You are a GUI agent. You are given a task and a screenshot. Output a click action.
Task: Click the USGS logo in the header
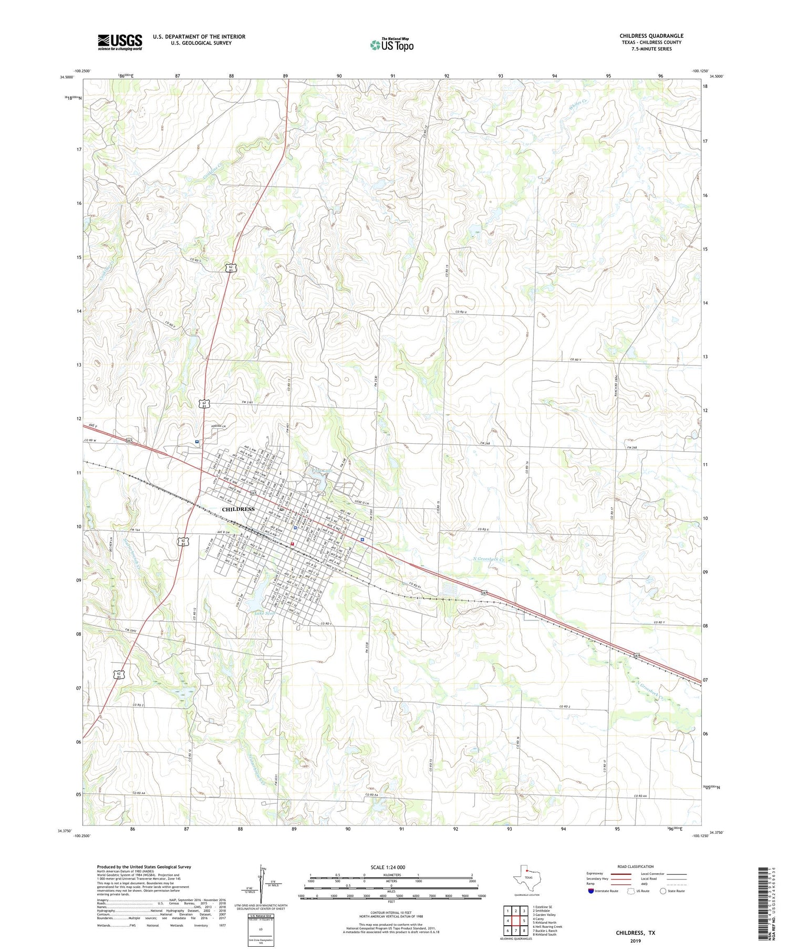[x=120, y=42]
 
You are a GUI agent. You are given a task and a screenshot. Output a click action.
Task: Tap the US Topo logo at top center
[x=391, y=45]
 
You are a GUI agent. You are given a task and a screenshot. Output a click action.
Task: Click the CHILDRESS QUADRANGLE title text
[x=651, y=36]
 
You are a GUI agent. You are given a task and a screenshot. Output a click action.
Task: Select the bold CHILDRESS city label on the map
[x=238, y=509]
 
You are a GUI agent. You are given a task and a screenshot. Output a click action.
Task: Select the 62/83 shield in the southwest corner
[x=120, y=674]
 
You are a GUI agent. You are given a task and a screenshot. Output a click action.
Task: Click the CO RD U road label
[x=461, y=312]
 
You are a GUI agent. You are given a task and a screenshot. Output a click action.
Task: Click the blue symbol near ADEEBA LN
[x=196, y=442]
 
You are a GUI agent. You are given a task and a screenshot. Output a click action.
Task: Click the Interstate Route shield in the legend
[x=590, y=891]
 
